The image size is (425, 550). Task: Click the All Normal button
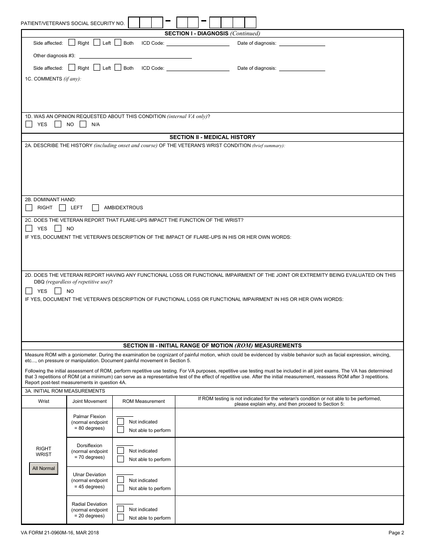43,468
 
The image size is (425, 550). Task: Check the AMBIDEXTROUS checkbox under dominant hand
95,207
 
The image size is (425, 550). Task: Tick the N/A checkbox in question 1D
83,124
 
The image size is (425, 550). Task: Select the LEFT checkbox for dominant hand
62,207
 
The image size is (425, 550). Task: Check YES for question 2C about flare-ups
29,228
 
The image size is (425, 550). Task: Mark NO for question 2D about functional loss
58,291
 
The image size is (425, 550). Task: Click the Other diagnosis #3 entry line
135,56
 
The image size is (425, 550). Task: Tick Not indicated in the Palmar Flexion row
120,421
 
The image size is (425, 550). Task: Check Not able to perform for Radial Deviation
120,517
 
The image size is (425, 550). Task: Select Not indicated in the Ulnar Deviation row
120,480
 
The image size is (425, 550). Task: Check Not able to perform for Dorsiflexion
120,459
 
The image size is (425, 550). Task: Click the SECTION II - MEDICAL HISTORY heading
212,137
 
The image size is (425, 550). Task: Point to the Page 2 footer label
396,533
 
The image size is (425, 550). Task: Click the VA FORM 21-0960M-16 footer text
60,533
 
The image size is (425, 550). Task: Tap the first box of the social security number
134,23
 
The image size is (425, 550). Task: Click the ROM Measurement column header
144,401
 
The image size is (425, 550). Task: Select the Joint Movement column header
89,401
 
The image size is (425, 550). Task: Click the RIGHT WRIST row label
43,451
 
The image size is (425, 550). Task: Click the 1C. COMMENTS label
53,79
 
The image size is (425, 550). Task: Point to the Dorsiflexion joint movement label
89,445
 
